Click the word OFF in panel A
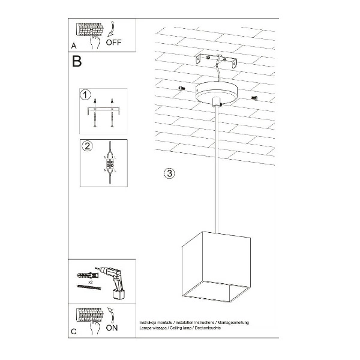pos(114,43)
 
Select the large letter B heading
pos(77,61)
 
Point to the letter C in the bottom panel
pos(73,331)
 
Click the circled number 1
pos(86,95)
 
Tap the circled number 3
pos(170,174)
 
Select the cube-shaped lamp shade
pos(209,269)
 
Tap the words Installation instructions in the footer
pos(187,322)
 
